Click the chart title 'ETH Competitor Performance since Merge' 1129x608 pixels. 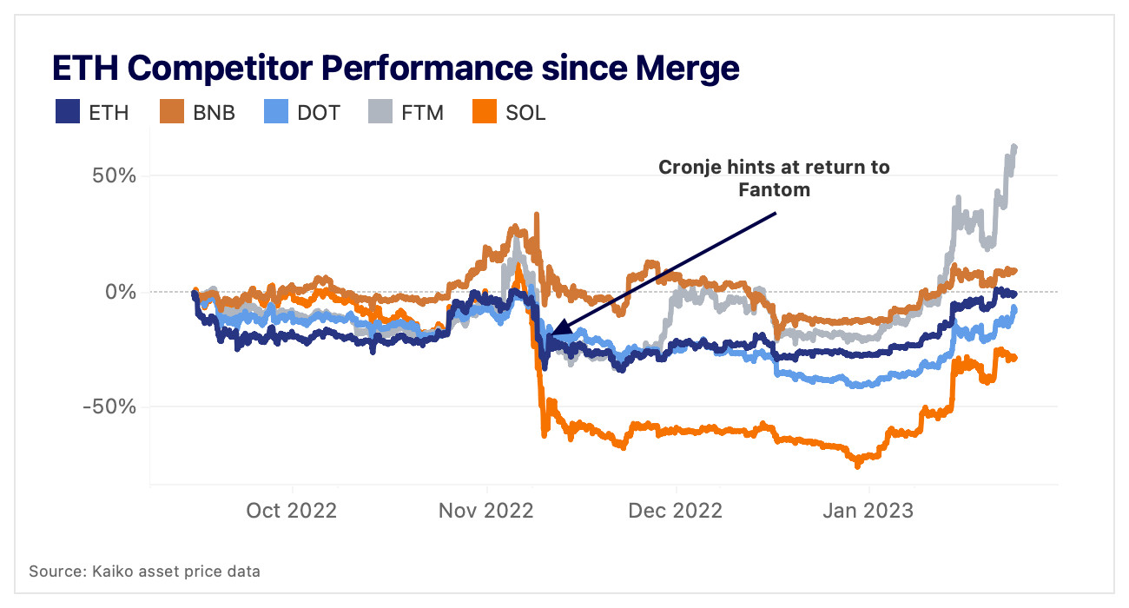coord(395,67)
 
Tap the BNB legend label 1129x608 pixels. coord(213,112)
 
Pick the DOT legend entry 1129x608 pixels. coord(301,112)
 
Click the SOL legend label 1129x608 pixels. coord(525,112)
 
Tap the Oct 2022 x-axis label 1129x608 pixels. coord(292,510)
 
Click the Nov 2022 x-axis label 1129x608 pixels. coord(486,510)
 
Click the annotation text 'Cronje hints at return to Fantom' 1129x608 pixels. coord(774,177)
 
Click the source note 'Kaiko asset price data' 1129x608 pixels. coord(144,572)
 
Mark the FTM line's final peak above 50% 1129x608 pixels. coord(1014,147)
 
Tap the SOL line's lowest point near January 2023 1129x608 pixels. coord(858,466)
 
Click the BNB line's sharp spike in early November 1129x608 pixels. coord(537,214)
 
